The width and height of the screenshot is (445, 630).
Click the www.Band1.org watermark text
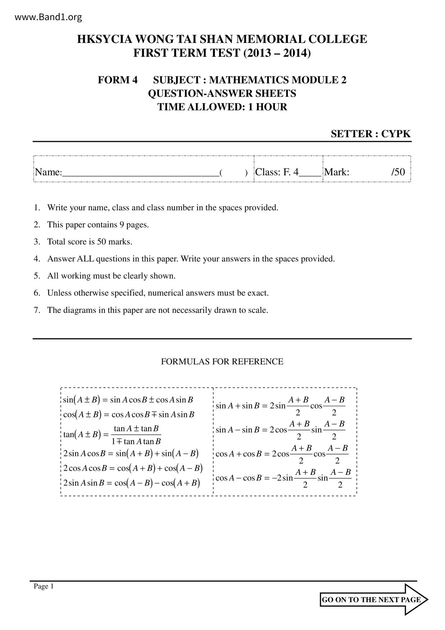pyautogui.click(x=48, y=17)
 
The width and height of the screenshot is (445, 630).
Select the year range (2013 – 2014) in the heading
pyautogui.click(x=277, y=53)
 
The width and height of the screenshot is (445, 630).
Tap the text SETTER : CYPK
pyautogui.click(x=370, y=134)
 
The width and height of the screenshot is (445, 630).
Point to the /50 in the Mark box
pyautogui.click(x=398, y=172)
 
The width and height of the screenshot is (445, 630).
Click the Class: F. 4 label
pyautogui.click(x=277, y=172)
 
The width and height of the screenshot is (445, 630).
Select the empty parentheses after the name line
pyautogui.click(x=234, y=173)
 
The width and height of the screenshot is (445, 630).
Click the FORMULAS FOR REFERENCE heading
pyautogui.click(x=222, y=362)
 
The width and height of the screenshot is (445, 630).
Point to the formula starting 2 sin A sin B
pyautogui.click(x=131, y=483)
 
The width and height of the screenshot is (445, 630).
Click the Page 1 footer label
pyautogui.click(x=43, y=587)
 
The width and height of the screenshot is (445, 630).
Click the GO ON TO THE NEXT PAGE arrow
pyautogui.click(x=373, y=599)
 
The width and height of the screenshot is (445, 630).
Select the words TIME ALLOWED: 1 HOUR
pyautogui.click(x=222, y=107)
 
